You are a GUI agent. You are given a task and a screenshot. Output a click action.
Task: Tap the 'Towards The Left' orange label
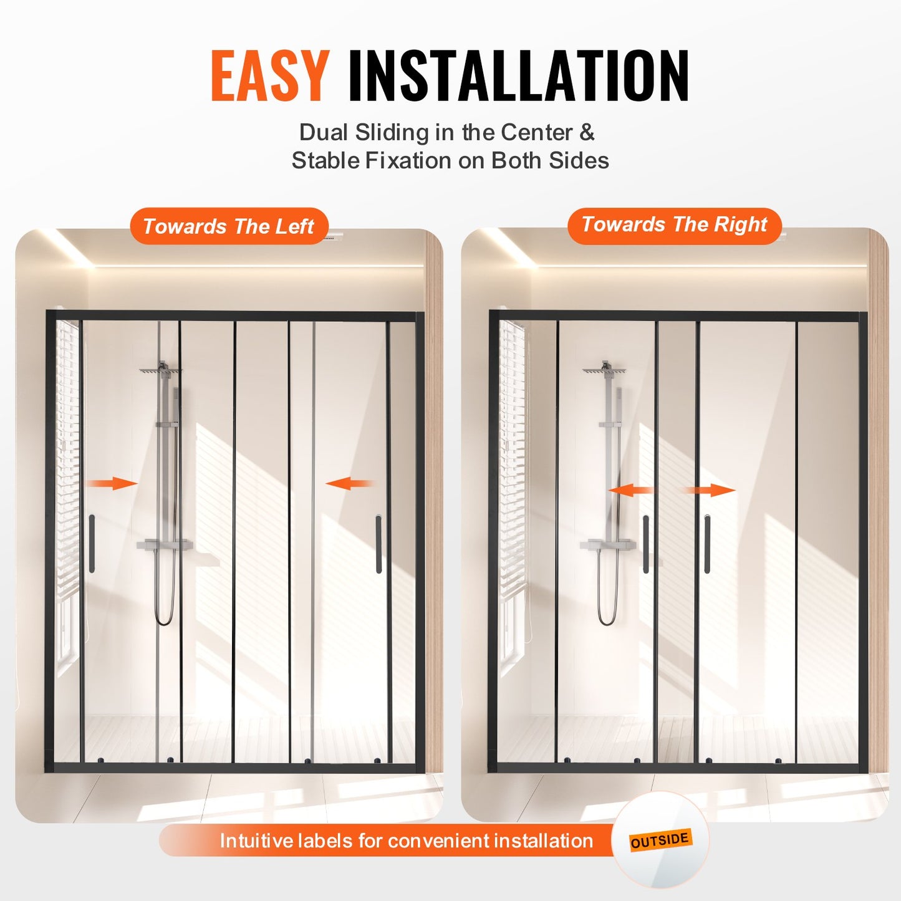point(229,226)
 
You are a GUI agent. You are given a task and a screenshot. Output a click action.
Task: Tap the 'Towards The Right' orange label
point(674,224)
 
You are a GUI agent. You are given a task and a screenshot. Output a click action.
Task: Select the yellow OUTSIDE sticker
point(660,840)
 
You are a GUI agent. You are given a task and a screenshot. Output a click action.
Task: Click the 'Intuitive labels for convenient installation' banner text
point(406,841)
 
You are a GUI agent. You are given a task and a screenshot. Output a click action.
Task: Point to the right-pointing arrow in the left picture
point(112,483)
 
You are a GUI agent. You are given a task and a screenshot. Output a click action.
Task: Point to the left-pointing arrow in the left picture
point(349,483)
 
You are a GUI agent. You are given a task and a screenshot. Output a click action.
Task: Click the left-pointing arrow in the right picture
point(631,490)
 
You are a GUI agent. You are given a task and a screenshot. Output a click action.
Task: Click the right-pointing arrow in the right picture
point(711,490)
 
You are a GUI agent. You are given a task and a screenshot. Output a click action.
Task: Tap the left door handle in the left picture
point(92,543)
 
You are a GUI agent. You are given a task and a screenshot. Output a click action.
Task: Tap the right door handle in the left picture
point(378,543)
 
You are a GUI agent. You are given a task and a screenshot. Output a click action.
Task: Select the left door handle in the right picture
point(646,544)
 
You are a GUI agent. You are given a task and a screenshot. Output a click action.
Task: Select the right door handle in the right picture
point(707,544)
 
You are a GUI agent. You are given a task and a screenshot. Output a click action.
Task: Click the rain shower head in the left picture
point(160,370)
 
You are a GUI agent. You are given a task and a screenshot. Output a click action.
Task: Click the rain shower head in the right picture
point(604,370)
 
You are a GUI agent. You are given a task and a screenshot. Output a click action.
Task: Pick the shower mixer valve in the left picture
point(163,545)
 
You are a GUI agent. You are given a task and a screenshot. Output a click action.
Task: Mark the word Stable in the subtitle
point(325,160)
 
